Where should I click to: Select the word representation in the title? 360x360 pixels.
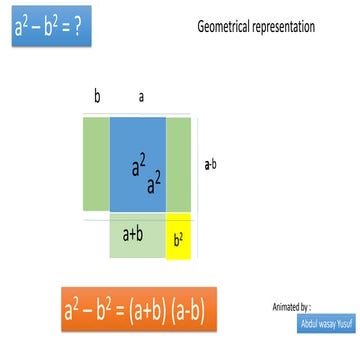pos(280,27)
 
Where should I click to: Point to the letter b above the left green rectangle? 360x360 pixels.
pos(97,97)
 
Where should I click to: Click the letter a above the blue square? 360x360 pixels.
pos(142,97)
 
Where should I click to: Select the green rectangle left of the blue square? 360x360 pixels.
pos(96,164)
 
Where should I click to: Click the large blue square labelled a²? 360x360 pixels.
pos(138,164)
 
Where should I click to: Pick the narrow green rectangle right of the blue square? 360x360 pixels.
pos(178,164)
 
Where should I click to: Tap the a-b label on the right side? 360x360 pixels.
pos(213,160)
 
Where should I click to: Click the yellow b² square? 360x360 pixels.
pos(178,238)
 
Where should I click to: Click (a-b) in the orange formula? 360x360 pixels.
pos(186,311)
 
